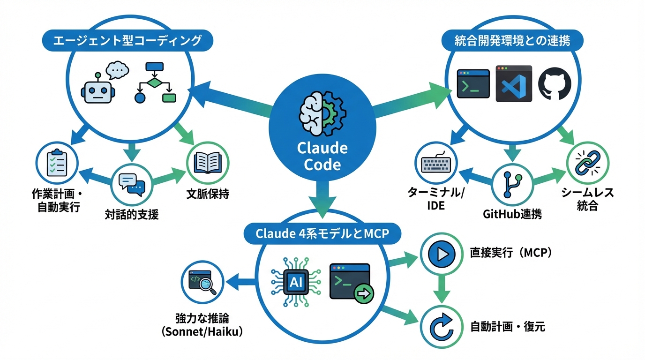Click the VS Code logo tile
514,84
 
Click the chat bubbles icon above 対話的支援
132,183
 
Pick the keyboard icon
435,164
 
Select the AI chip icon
296,281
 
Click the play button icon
442,254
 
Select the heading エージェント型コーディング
127,41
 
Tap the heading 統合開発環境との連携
512,41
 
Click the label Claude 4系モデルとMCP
322,233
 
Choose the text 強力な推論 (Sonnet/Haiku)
202,325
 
